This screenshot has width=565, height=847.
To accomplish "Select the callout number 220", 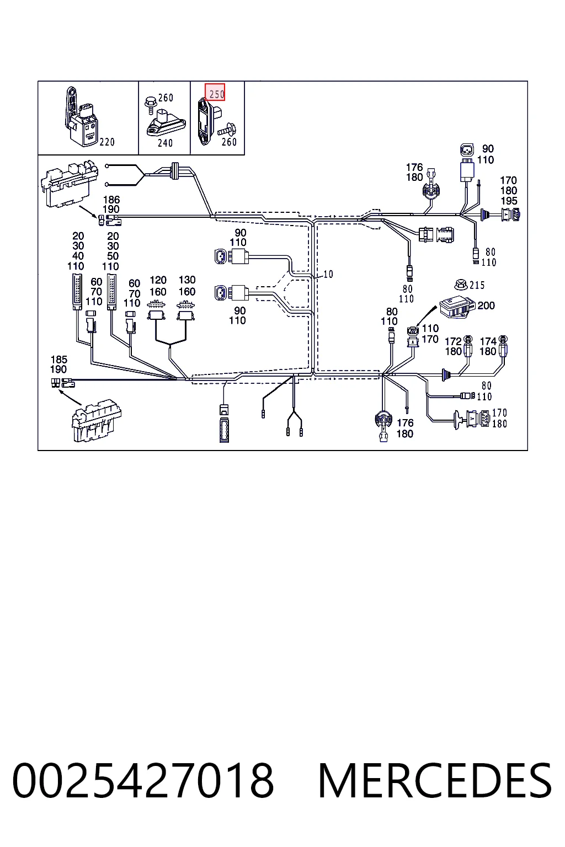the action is (107, 142).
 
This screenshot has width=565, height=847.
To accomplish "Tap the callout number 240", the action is (165, 143).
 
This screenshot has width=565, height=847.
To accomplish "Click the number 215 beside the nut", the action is (477, 285).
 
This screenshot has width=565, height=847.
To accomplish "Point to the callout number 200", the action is (486, 305).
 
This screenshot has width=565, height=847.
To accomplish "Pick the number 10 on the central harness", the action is (328, 274).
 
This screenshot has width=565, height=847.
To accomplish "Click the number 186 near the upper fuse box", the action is (111, 200).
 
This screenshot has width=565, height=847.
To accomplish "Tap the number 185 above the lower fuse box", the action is (58, 360).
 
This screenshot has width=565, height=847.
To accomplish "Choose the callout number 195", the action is (509, 201).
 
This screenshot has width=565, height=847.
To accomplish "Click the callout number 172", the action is (454, 341).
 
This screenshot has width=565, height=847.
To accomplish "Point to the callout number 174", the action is (488, 341).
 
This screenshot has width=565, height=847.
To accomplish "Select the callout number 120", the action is (158, 280).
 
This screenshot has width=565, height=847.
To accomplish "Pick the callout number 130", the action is (188, 280).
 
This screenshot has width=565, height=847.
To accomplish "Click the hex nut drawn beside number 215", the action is (461, 284).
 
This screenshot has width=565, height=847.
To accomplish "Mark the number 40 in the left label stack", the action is (78, 256).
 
